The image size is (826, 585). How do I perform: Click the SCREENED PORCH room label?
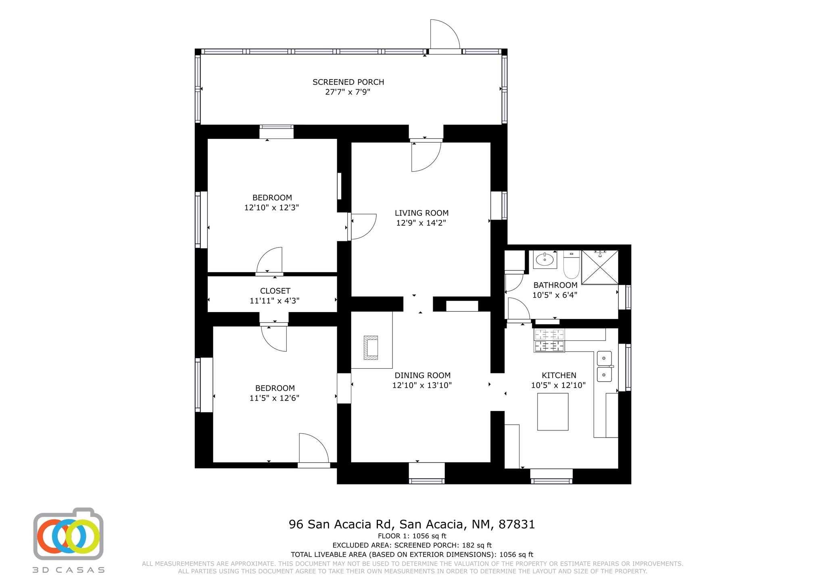(348, 82)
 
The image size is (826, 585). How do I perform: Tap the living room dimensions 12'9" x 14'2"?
(421, 223)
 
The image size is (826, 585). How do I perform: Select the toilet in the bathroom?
(571, 264)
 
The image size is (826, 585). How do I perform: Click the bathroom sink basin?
(545, 259)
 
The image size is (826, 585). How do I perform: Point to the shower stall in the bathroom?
(600, 267)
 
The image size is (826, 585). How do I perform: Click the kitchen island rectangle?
(553, 411)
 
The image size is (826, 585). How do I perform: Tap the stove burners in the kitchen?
(549, 340)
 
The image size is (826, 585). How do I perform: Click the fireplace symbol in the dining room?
(371, 348)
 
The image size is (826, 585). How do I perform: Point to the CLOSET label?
(275, 291)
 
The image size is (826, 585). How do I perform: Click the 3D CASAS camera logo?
(68, 534)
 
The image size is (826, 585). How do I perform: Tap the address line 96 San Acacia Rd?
(412, 524)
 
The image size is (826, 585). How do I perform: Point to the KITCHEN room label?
(559, 375)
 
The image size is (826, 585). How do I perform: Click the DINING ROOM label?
(422, 375)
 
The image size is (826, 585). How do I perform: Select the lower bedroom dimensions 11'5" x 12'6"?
(274, 398)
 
